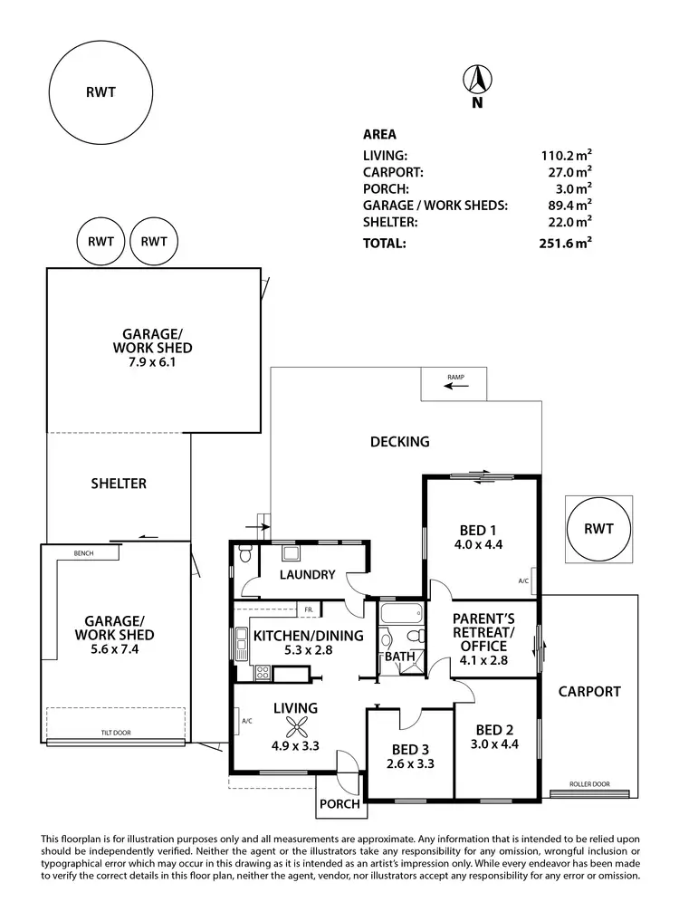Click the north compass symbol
pos(476,82)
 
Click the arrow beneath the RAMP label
pos(455,387)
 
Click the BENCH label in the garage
pos(86,552)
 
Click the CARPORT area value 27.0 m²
pos(567,172)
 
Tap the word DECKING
pos(399,442)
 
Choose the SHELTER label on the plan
pos(119,484)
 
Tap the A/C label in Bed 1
pos(523,580)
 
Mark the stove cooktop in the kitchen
pos(263,672)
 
